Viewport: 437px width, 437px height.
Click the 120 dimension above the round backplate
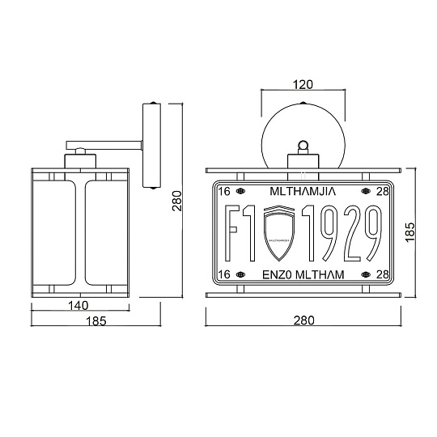(303, 83)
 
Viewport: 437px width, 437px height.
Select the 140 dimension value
(79, 305)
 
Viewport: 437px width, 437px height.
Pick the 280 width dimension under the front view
(303, 320)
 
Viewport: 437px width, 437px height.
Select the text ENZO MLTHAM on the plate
(303, 275)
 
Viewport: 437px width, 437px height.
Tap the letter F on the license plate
(231, 233)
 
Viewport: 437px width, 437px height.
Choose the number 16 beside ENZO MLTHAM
(226, 275)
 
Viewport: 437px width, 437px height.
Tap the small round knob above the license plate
(303, 146)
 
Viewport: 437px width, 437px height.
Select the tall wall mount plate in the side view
(151, 146)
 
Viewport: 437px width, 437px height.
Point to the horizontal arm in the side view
(105, 142)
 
